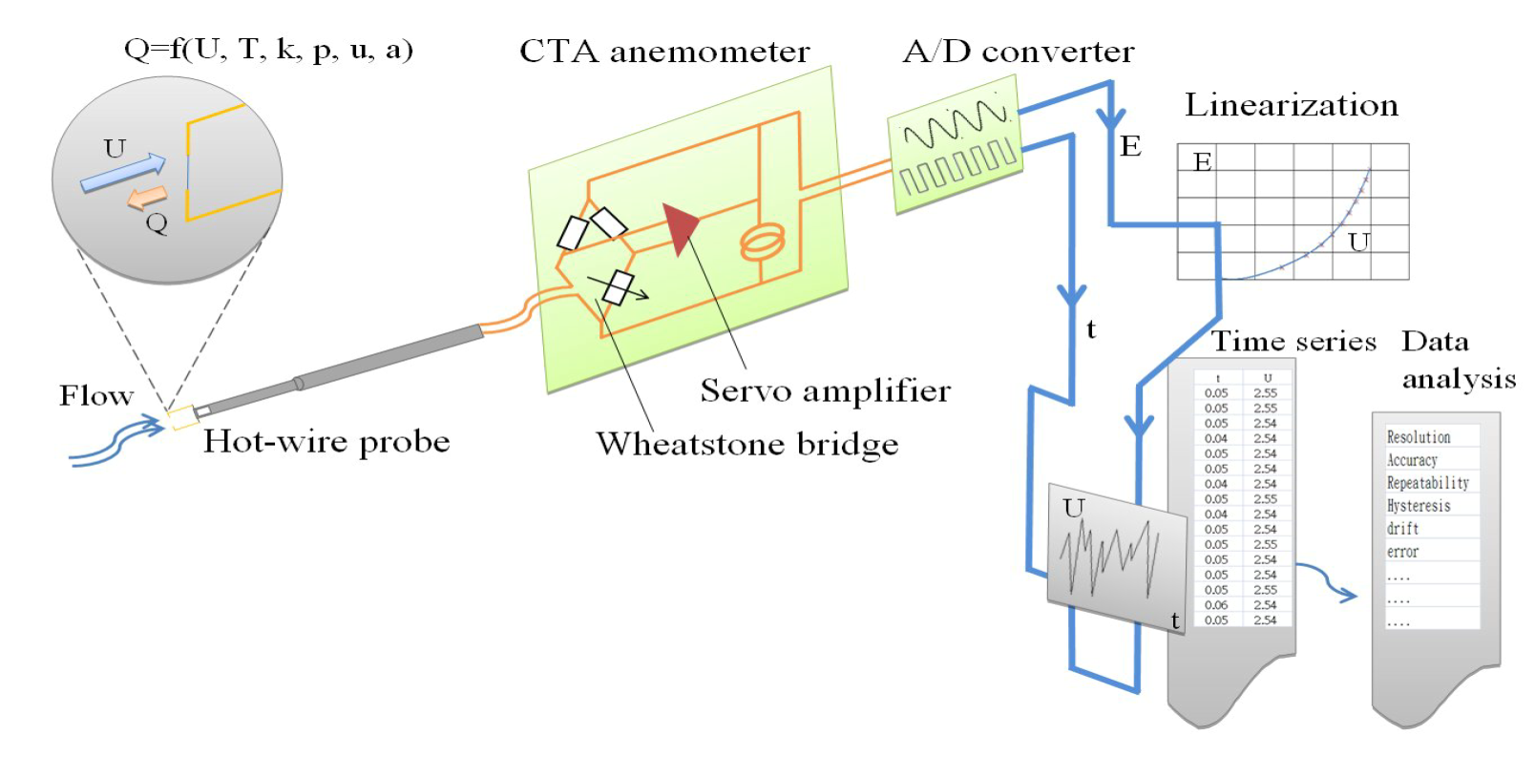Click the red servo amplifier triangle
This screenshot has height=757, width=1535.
[x=682, y=227]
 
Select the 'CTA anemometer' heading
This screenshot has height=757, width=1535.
[x=664, y=52]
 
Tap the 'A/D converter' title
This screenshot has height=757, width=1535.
[x=1019, y=52]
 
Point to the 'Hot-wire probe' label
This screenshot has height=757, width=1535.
[x=326, y=441]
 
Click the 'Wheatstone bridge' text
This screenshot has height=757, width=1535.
[x=747, y=444]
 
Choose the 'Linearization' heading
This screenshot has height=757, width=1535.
[x=1292, y=105]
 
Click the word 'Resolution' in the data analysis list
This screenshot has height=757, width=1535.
[x=1419, y=437]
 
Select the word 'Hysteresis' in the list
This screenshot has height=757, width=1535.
[x=1419, y=506]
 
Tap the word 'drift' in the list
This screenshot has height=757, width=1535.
[x=1403, y=529]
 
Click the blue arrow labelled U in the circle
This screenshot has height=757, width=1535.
[x=123, y=173]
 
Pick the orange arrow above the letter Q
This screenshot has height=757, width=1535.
[x=148, y=198]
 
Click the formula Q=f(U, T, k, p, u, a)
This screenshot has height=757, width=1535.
[x=268, y=50]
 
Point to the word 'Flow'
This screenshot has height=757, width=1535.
[x=95, y=396]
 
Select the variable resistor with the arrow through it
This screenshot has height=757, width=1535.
[x=619, y=287]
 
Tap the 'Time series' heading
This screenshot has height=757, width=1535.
[x=1293, y=342]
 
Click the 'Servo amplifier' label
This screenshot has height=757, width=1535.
[x=826, y=391]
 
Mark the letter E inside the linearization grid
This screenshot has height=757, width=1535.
[x=1203, y=162]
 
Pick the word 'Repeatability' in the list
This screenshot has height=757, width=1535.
[x=1428, y=483]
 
